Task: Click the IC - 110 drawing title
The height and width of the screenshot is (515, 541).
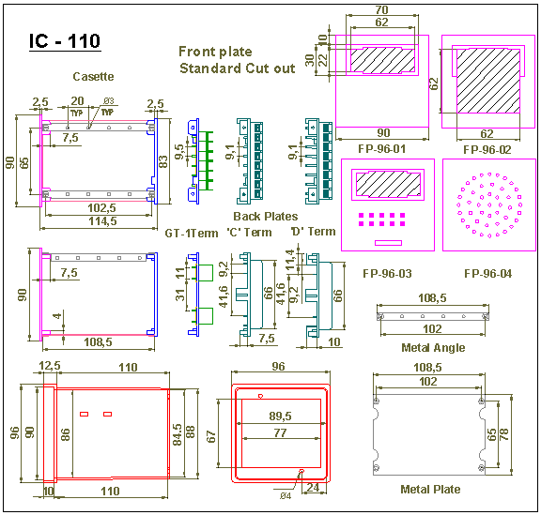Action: point(65,41)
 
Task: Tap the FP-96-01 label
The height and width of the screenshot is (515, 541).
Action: point(381,149)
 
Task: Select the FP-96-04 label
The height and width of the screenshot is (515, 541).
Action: point(487,274)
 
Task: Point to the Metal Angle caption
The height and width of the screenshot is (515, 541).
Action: point(433,347)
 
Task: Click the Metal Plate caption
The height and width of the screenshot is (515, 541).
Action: point(430,489)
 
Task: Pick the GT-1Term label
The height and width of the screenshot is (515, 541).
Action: point(192,234)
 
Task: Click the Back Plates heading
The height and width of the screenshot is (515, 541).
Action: point(265,216)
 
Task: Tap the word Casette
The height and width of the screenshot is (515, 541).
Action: point(93,76)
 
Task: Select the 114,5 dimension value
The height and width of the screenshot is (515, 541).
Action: point(102,221)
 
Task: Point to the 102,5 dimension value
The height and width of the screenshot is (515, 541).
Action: point(101,208)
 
